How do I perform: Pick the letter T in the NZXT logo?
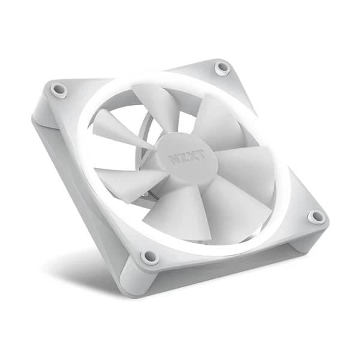(198, 154)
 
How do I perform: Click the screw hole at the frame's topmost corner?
(223, 68)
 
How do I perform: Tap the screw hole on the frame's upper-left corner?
(59, 90)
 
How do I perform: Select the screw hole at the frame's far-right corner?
(316, 217)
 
